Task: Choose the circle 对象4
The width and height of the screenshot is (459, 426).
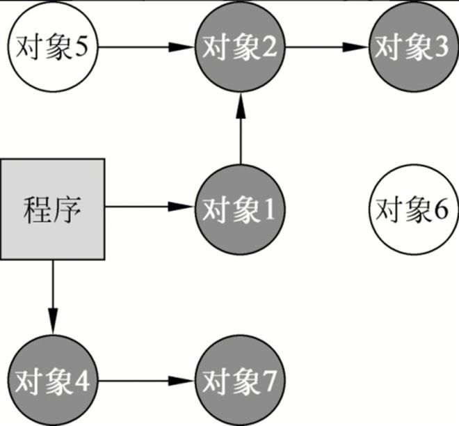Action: click(x=53, y=381)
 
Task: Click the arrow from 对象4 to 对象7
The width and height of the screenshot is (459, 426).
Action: click(x=146, y=381)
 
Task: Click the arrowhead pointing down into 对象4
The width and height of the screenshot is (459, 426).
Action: click(x=53, y=327)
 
